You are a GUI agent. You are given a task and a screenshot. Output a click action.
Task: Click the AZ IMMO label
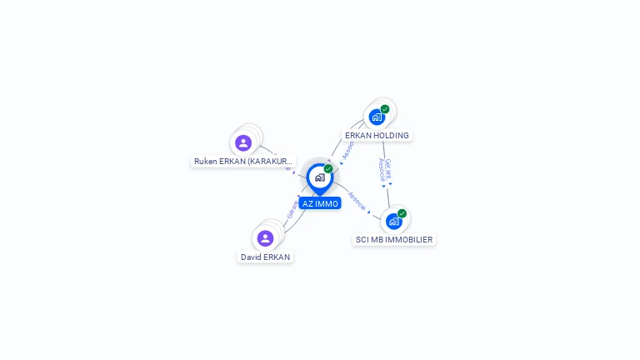pyautogui.click(x=320, y=203)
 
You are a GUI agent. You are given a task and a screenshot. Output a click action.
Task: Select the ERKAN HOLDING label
pyautogui.click(x=377, y=135)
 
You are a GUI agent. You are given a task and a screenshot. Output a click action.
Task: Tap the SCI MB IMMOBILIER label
pyautogui.click(x=394, y=239)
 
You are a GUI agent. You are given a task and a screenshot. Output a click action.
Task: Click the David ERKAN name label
pyautogui.click(x=265, y=257)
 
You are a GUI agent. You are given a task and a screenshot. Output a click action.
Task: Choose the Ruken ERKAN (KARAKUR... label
pyautogui.click(x=243, y=161)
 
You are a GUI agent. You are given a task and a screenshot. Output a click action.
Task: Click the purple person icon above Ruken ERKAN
pyautogui.click(x=243, y=142)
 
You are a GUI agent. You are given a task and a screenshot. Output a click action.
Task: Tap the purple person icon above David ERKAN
pyautogui.click(x=265, y=238)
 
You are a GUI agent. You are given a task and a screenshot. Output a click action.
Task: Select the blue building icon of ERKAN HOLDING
pyautogui.click(x=376, y=117)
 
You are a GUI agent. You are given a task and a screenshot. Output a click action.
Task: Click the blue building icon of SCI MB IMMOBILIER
pyautogui.click(x=393, y=222)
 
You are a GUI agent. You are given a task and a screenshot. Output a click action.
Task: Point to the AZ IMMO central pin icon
pyautogui.click(x=319, y=177)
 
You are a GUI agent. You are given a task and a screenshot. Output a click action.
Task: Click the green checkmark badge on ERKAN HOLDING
pyautogui.click(x=385, y=109)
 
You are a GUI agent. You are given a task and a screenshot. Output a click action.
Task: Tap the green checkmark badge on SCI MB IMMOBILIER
pyautogui.click(x=402, y=213)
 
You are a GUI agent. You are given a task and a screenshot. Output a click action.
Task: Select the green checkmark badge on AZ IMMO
pyautogui.click(x=328, y=168)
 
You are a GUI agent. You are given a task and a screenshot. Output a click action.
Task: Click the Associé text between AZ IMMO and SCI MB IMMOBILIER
pyautogui.click(x=356, y=201)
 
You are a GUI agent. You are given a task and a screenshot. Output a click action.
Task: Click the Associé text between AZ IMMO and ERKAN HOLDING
pyautogui.click(x=348, y=149)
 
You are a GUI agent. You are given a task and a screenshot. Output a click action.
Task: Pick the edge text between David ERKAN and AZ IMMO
pyautogui.click(x=292, y=207)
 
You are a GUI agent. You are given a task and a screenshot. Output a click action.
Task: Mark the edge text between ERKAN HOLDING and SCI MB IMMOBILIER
pyautogui.click(x=385, y=169)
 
